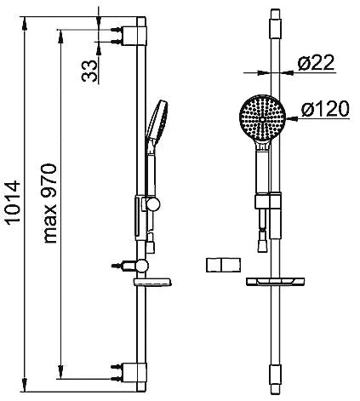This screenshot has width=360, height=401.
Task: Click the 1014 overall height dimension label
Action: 14,203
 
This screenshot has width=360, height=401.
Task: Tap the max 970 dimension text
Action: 50,203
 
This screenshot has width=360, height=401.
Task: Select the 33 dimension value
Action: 89,71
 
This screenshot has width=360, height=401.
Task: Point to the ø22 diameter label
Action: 317,63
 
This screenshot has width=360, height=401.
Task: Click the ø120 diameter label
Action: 325,109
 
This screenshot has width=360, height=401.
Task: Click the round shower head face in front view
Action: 263,118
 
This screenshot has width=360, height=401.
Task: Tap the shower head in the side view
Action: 157,119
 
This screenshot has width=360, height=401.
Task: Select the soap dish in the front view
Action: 275,282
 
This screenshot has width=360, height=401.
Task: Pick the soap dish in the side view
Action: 152,282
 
